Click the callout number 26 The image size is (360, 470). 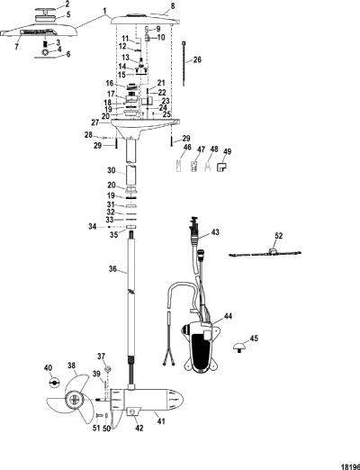(197, 59)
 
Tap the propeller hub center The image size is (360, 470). (74, 399)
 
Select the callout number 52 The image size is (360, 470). (278, 236)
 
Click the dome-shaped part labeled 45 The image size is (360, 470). (240, 348)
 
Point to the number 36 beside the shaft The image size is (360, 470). (112, 269)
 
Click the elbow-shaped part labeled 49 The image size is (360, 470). (221, 167)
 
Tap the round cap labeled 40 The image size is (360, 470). (54, 383)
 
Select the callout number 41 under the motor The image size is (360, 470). (161, 421)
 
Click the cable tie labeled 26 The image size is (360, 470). (184, 64)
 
